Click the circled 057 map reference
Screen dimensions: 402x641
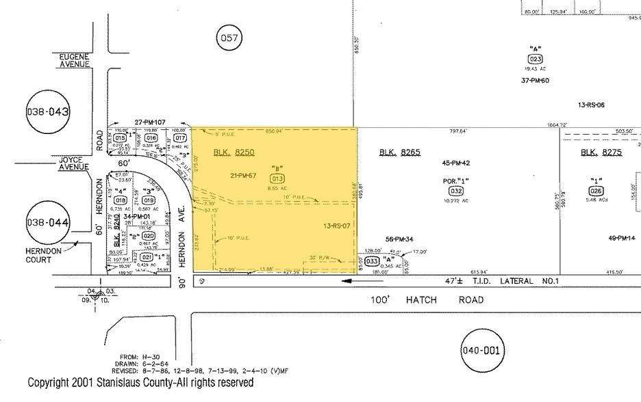pyautogui.click(x=229, y=38)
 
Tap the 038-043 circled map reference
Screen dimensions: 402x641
pyautogui.click(x=49, y=111)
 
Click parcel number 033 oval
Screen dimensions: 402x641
pyautogui.click(x=373, y=261)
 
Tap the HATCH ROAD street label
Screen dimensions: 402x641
pyautogui.click(x=446, y=299)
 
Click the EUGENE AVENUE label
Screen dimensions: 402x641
pyautogui.click(x=74, y=60)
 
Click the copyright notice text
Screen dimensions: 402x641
pyautogui.click(x=140, y=383)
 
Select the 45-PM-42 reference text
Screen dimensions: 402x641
pyautogui.click(x=455, y=163)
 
